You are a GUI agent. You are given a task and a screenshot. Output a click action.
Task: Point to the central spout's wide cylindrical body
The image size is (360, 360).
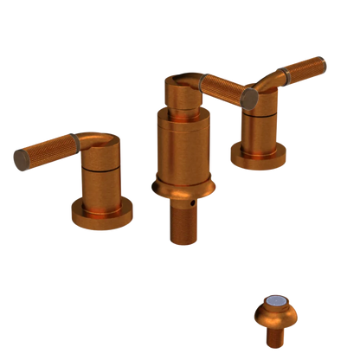point(183,147)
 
